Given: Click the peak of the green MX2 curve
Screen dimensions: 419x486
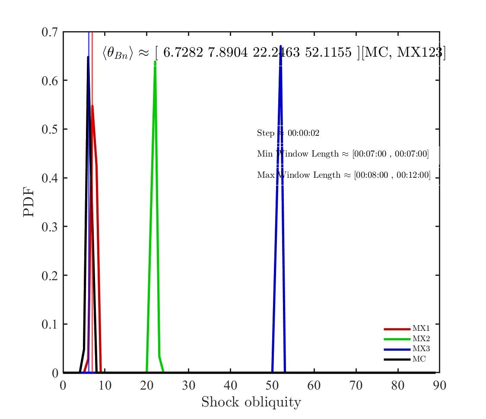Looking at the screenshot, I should click(x=155, y=62).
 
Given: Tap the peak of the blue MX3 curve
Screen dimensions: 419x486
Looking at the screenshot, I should click(x=281, y=46).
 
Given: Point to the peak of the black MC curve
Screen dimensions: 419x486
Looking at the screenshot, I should click(x=88, y=57).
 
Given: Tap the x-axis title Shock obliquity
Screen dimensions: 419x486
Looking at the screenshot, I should click(x=251, y=402).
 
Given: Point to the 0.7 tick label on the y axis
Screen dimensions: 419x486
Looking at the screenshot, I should click(x=50, y=32).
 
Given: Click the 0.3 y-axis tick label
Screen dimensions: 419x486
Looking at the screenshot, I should click(x=50, y=227).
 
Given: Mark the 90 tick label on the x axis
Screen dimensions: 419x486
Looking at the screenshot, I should click(x=439, y=385).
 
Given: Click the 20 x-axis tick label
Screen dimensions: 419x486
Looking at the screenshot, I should click(x=147, y=385).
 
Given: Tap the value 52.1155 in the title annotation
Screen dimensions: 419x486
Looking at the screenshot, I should click(x=329, y=53).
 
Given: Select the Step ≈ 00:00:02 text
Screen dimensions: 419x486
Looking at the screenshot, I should click(x=288, y=133).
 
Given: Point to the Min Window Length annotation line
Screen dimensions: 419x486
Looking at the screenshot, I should click(x=343, y=154).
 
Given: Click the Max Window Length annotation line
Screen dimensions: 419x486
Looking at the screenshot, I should click(x=344, y=175).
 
